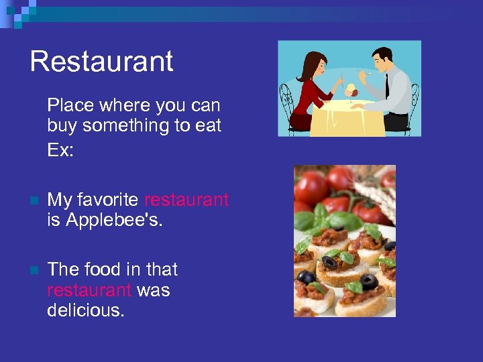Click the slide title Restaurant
101,61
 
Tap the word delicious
85,310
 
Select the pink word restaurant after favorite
186,200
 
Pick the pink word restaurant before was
89,290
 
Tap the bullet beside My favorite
34,200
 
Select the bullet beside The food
34,270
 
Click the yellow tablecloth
349,117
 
